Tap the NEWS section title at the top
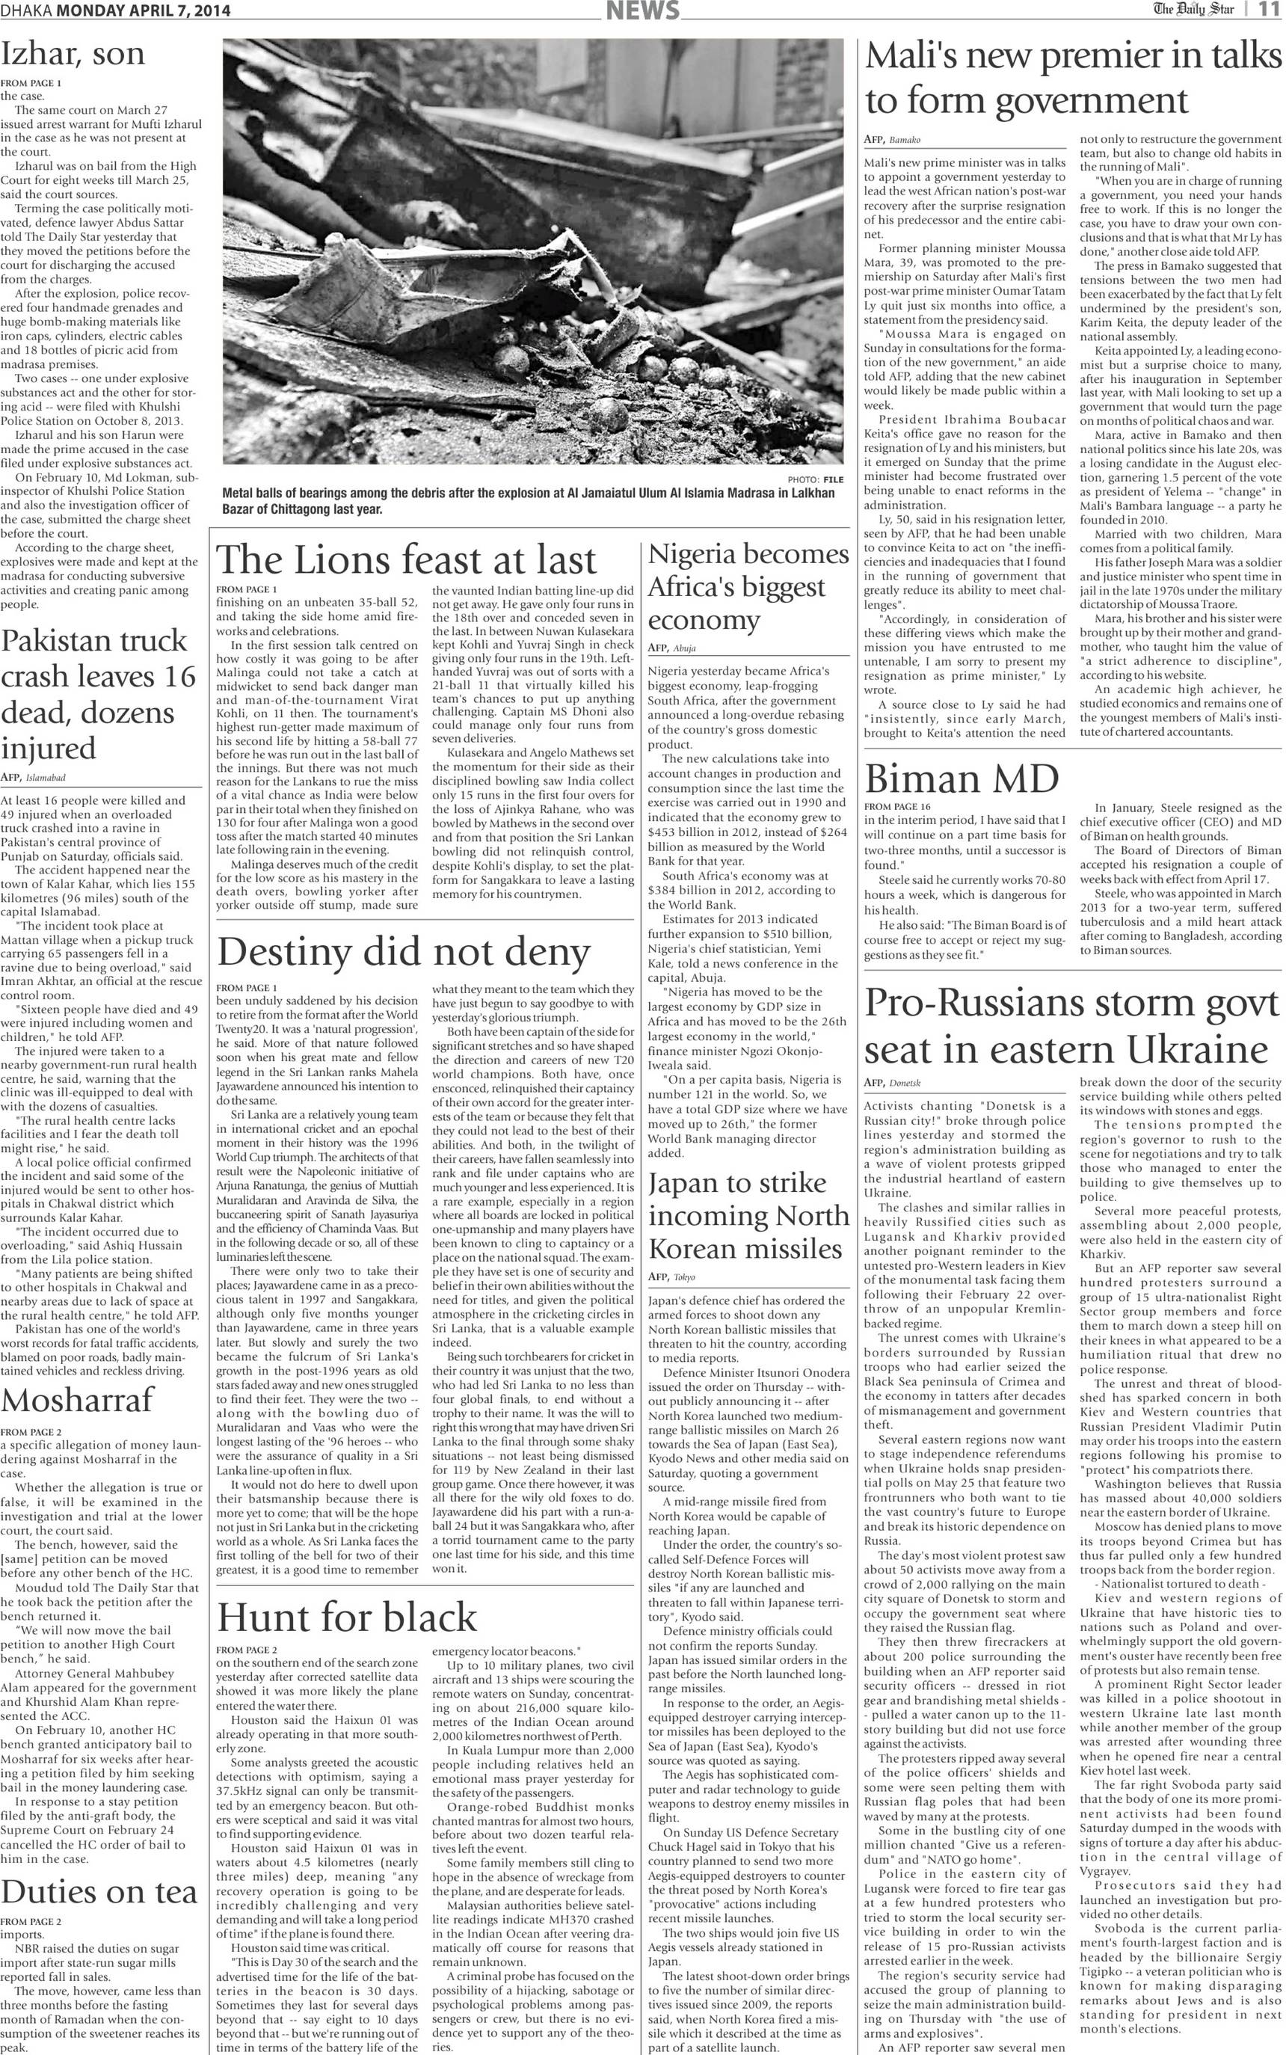[643, 11]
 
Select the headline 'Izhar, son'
[73, 55]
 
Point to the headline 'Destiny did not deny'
[404, 953]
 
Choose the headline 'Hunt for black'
[347, 1617]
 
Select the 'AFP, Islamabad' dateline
[32, 778]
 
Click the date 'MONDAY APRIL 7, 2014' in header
[144, 11]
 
